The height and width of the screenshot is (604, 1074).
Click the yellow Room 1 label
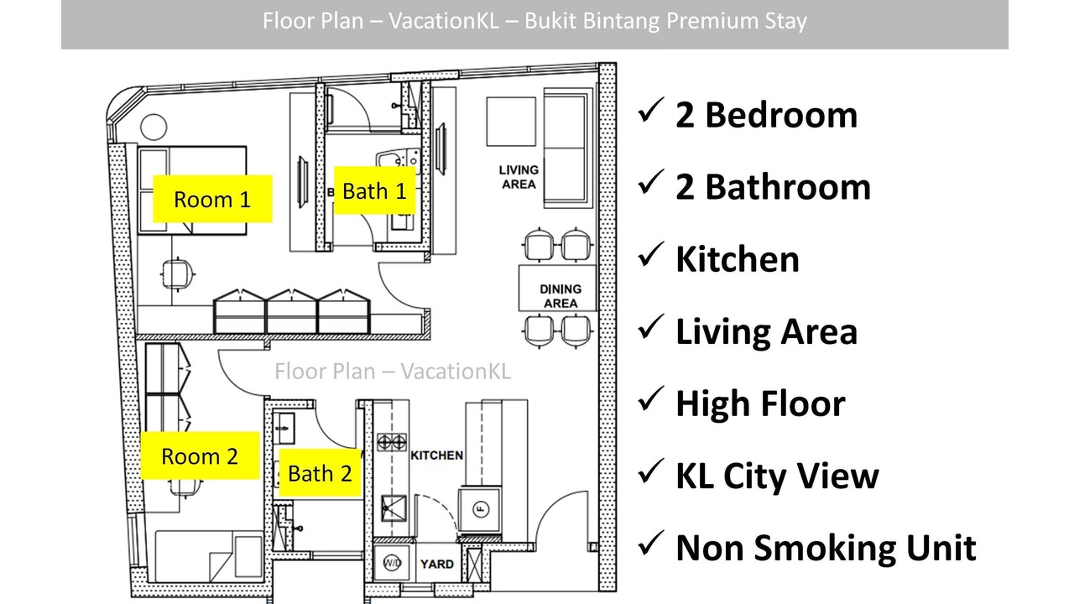coord(212,199)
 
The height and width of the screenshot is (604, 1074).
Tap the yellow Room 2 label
coord(200,456)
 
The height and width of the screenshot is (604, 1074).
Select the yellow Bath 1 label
coord(374,190)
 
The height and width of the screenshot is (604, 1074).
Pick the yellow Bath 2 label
coord(320,472)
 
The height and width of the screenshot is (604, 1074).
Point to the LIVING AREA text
coord(519,177)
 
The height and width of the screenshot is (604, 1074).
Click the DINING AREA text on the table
coord(560,296)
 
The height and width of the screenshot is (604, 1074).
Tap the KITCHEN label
coord(437,455)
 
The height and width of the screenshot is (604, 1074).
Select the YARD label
coord(437,564)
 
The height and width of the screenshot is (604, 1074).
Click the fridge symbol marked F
coord(481,508)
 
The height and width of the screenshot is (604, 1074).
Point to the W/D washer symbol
coord(392,562)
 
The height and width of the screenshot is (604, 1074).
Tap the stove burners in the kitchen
coord(392,442)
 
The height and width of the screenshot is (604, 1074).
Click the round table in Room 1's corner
coord(154,127)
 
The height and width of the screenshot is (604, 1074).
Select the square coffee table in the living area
coord(511,122)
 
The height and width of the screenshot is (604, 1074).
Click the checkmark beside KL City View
coord(650,471)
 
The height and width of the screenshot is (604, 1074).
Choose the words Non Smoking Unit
coord(826,547)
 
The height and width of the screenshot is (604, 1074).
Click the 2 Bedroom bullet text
coord(766,115)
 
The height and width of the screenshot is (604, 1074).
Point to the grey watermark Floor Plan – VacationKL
coord(393,372)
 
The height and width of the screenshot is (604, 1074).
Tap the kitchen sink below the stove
coord(394,508)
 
